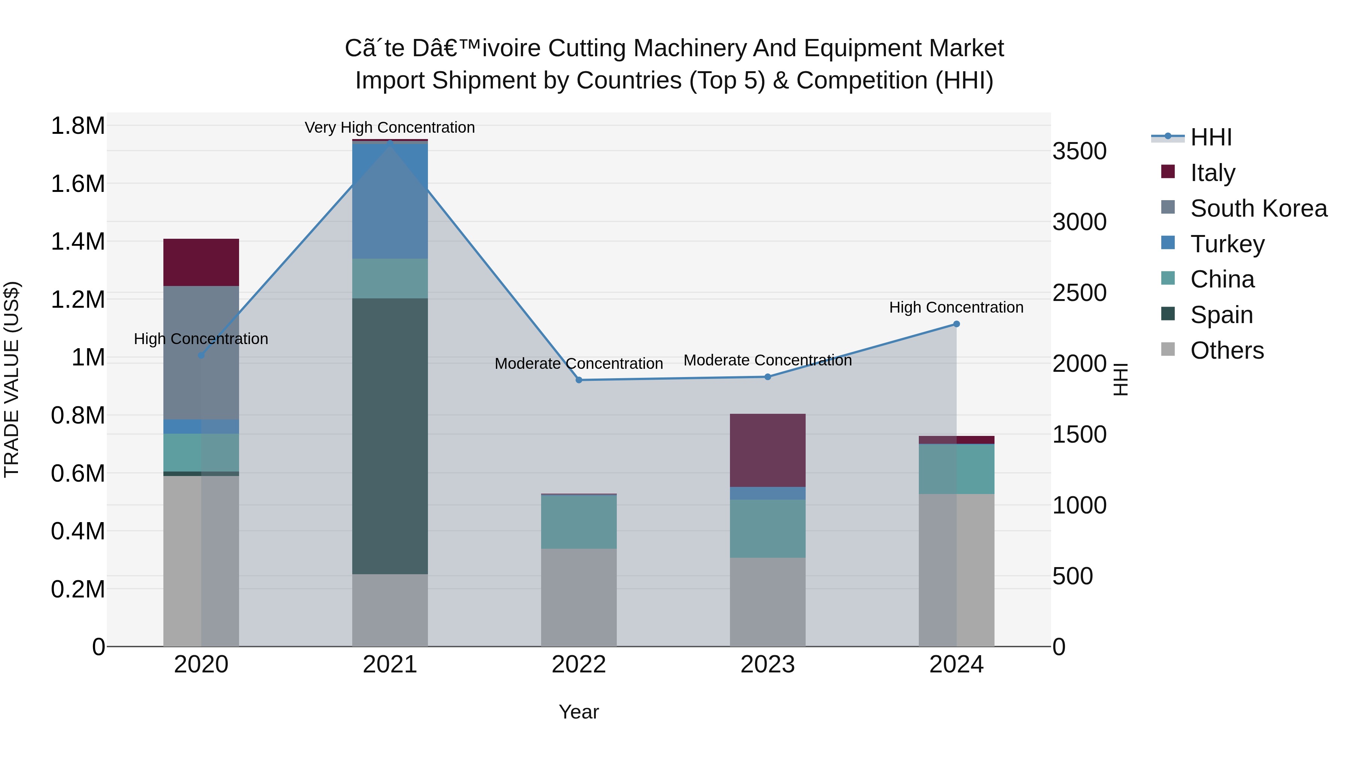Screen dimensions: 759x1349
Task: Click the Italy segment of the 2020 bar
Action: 201,262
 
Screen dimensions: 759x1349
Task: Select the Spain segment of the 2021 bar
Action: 390,436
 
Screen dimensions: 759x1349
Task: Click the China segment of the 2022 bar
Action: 579,522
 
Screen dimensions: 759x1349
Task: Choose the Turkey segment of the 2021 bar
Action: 390,200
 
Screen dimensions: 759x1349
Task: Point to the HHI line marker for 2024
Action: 956,324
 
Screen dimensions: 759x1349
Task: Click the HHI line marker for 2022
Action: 579,380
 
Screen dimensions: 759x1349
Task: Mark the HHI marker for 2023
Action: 768,377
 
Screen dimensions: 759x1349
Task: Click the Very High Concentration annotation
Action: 390,127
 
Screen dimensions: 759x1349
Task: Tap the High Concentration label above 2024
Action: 956,307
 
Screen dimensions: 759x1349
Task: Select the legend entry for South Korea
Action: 1258,208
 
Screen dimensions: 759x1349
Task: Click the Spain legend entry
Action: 1221,315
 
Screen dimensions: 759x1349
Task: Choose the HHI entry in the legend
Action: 1211,137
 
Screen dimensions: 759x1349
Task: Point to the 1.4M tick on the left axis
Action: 78,242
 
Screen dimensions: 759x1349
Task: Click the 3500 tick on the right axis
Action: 1079,151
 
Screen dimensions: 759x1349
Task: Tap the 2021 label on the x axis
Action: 390,665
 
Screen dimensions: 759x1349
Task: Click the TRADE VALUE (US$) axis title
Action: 12,379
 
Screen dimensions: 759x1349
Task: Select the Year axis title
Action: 579,712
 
